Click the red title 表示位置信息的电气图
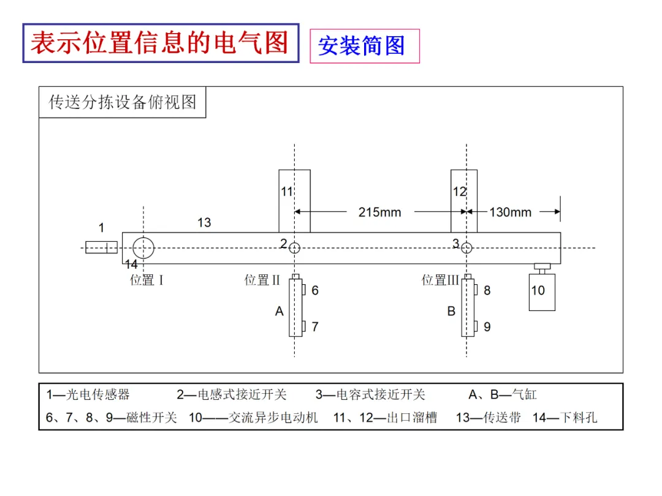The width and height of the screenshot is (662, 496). tap(161, 43)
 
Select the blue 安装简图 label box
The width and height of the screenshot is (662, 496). tap(365, 46)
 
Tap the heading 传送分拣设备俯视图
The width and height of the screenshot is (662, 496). tap(123, 102)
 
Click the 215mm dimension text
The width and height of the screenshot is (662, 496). tap(379, 212)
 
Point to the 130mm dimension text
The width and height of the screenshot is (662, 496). tap(511, 212)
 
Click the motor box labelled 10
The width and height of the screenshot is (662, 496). tap(542, 292)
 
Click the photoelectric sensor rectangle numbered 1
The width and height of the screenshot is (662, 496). tap(101, 247)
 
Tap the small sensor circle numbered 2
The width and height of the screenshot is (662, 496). tap(295, 248)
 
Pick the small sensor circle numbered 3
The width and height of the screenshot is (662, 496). tap(466, 248)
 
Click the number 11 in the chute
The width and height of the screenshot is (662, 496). tap(287, 192)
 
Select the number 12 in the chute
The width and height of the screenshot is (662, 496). tap(459, 192)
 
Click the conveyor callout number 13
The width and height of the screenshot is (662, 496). tap(204, 223)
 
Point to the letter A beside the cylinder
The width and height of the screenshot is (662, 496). tap(279, 311)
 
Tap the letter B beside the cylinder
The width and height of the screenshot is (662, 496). tap(451, 311)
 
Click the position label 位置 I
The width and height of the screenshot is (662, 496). tap(146, 280)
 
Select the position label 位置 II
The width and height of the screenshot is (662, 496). tap(262, 280)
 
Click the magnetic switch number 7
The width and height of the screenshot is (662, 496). tap(315, 327)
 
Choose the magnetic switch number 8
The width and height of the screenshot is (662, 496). tap(487, 291)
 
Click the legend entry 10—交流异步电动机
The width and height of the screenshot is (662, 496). tap(253, 418)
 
